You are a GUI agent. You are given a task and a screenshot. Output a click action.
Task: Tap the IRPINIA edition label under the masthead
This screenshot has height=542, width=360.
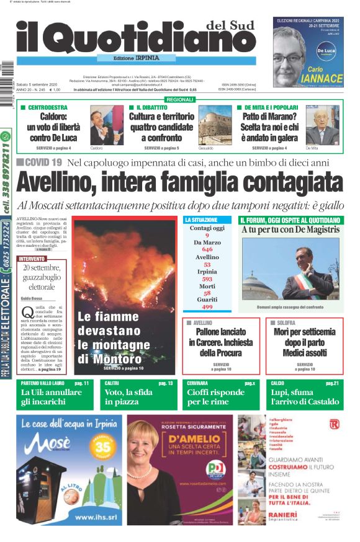tap(143, 58)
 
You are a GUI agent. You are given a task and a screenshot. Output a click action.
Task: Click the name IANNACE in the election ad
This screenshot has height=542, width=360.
tap(322, 79)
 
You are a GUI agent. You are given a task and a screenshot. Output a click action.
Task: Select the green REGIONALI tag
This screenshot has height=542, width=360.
tap(180, 99)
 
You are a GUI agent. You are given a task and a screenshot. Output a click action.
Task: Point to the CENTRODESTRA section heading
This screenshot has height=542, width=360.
tap(48, 107)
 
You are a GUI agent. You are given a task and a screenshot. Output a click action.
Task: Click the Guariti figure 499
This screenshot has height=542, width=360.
tap(207, 307)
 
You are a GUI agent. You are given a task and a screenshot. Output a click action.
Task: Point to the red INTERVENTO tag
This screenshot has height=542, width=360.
tap(32, 258)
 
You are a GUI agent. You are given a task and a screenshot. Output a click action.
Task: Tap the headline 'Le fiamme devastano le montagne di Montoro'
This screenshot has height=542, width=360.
tap(117, 338)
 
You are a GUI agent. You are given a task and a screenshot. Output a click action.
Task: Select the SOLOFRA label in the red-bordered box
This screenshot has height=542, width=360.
tap(285, 323)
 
